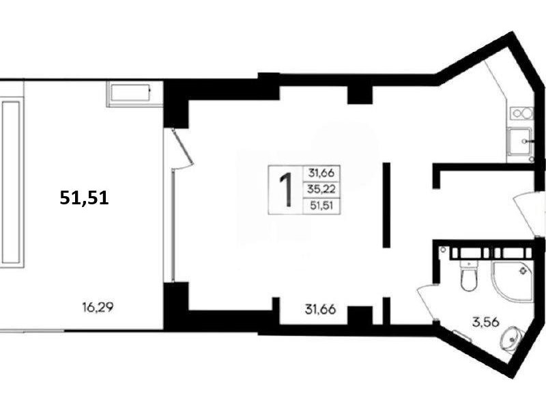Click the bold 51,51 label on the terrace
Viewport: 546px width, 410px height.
pos(84,197)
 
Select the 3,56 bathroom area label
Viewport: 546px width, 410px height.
pos(485,322)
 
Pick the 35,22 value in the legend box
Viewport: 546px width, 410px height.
pos(321,189)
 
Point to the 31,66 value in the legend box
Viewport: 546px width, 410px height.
pos(321,173)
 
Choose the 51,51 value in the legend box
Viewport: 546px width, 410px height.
pos(321,206)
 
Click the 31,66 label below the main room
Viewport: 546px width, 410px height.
pos(320,310)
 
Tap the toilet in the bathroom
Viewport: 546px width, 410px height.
pos(468,275)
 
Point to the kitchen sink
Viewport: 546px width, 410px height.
pos(520,141)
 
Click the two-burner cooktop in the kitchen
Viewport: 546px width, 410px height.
pos(521,113)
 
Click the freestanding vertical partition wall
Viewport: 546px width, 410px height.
pos(386,205)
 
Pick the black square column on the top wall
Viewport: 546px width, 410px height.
pos(360,94)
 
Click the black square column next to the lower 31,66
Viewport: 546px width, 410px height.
pos(360,316)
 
